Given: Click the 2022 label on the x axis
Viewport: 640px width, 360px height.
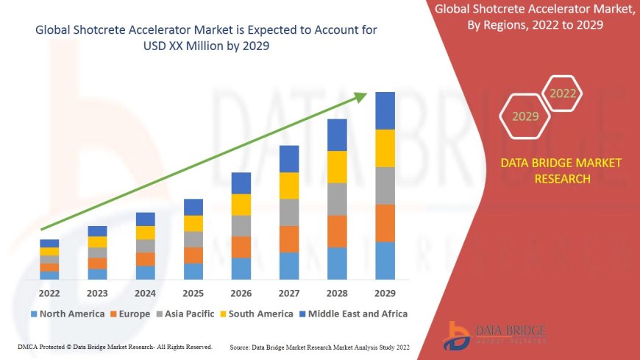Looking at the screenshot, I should (49, 293).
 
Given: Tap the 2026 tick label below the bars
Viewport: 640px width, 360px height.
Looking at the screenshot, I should (241, 293).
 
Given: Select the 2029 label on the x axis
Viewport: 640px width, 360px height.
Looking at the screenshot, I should (385, 293).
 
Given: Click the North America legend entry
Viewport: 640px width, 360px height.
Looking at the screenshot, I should (67, 314).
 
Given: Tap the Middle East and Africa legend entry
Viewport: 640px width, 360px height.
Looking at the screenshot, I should (353, 314).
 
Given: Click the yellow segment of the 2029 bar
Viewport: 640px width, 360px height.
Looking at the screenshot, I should (385, 148).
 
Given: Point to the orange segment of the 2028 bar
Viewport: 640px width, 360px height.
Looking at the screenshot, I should (337, 231).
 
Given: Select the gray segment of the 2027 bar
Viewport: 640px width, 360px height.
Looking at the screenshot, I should (289, 212).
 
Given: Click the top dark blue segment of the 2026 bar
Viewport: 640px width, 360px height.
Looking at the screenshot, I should (241, 183).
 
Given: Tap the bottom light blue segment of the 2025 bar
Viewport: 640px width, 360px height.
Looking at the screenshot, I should (193, 272).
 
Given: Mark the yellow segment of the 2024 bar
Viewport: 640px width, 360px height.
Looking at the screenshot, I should (145, 233).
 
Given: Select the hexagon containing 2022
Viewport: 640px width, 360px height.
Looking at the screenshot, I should (563, 93).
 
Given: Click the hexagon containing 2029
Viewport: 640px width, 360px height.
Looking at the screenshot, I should (525, 116).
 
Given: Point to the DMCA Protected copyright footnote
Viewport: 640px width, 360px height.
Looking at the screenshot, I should (114, 347).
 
